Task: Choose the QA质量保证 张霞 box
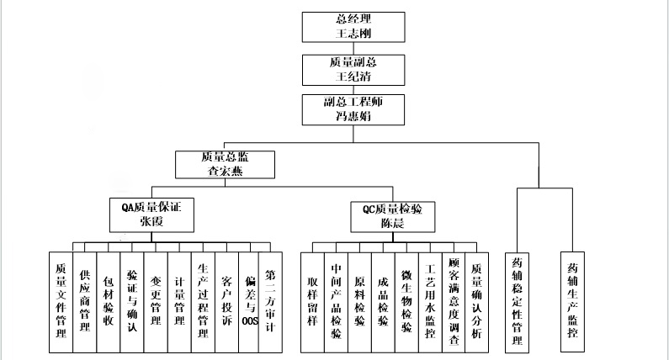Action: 151,214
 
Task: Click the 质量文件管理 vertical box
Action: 61,299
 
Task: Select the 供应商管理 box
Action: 84,299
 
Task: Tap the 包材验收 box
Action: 108,299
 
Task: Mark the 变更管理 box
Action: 155,299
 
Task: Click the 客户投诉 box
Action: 226,299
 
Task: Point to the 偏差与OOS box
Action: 248,299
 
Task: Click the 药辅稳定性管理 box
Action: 518,299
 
